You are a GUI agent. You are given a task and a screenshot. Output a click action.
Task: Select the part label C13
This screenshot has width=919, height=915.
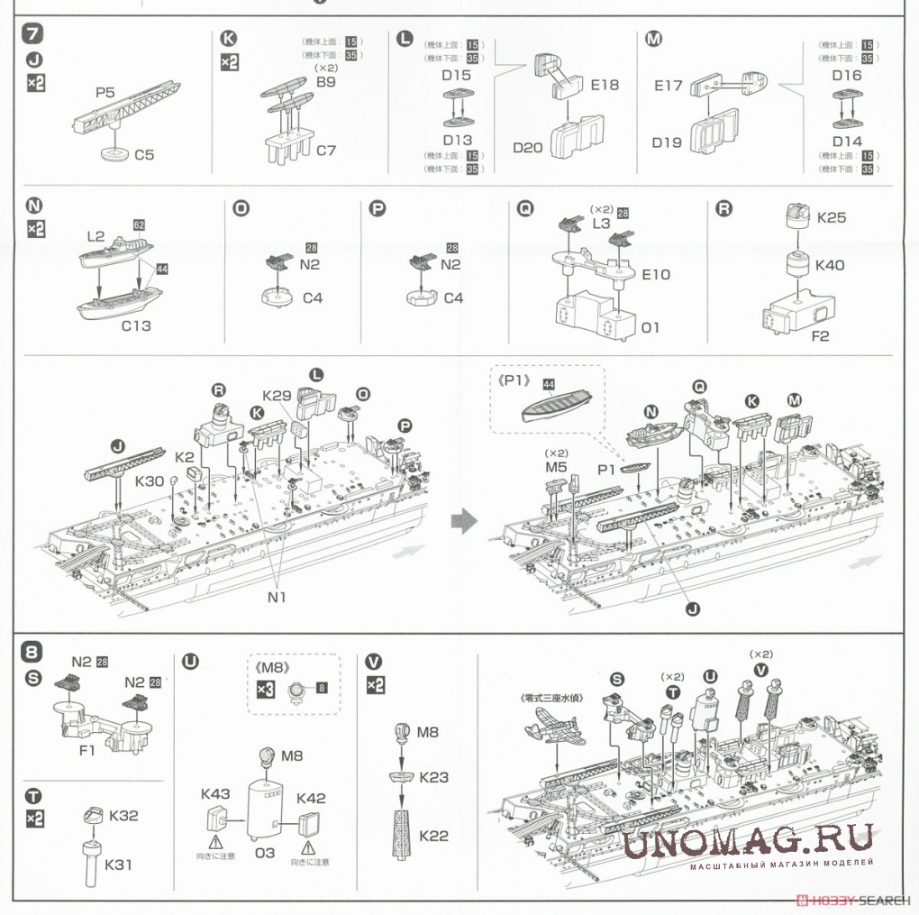click(136, 325)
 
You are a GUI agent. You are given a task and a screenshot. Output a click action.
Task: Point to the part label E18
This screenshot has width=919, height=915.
click(605, 85)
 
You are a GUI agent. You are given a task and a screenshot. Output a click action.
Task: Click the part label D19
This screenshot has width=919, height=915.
click(669, 142)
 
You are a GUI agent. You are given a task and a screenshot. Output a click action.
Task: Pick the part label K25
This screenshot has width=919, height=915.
click(831, 218)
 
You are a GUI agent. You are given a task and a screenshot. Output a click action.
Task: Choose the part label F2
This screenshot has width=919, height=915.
click(819, 337)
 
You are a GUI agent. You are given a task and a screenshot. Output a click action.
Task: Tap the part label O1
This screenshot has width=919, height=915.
click(651, 327)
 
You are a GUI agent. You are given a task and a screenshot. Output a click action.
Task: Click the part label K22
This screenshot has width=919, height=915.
click(433, 836)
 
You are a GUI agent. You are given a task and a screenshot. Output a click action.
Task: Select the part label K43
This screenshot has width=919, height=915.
click(215, 794)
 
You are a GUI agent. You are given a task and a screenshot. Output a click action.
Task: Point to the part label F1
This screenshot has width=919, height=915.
click(87, 749)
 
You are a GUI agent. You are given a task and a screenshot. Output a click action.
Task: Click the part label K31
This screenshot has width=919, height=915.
click(119, 865)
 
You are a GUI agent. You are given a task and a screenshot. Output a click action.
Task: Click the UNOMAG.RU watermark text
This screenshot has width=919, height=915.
click(748, 842)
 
